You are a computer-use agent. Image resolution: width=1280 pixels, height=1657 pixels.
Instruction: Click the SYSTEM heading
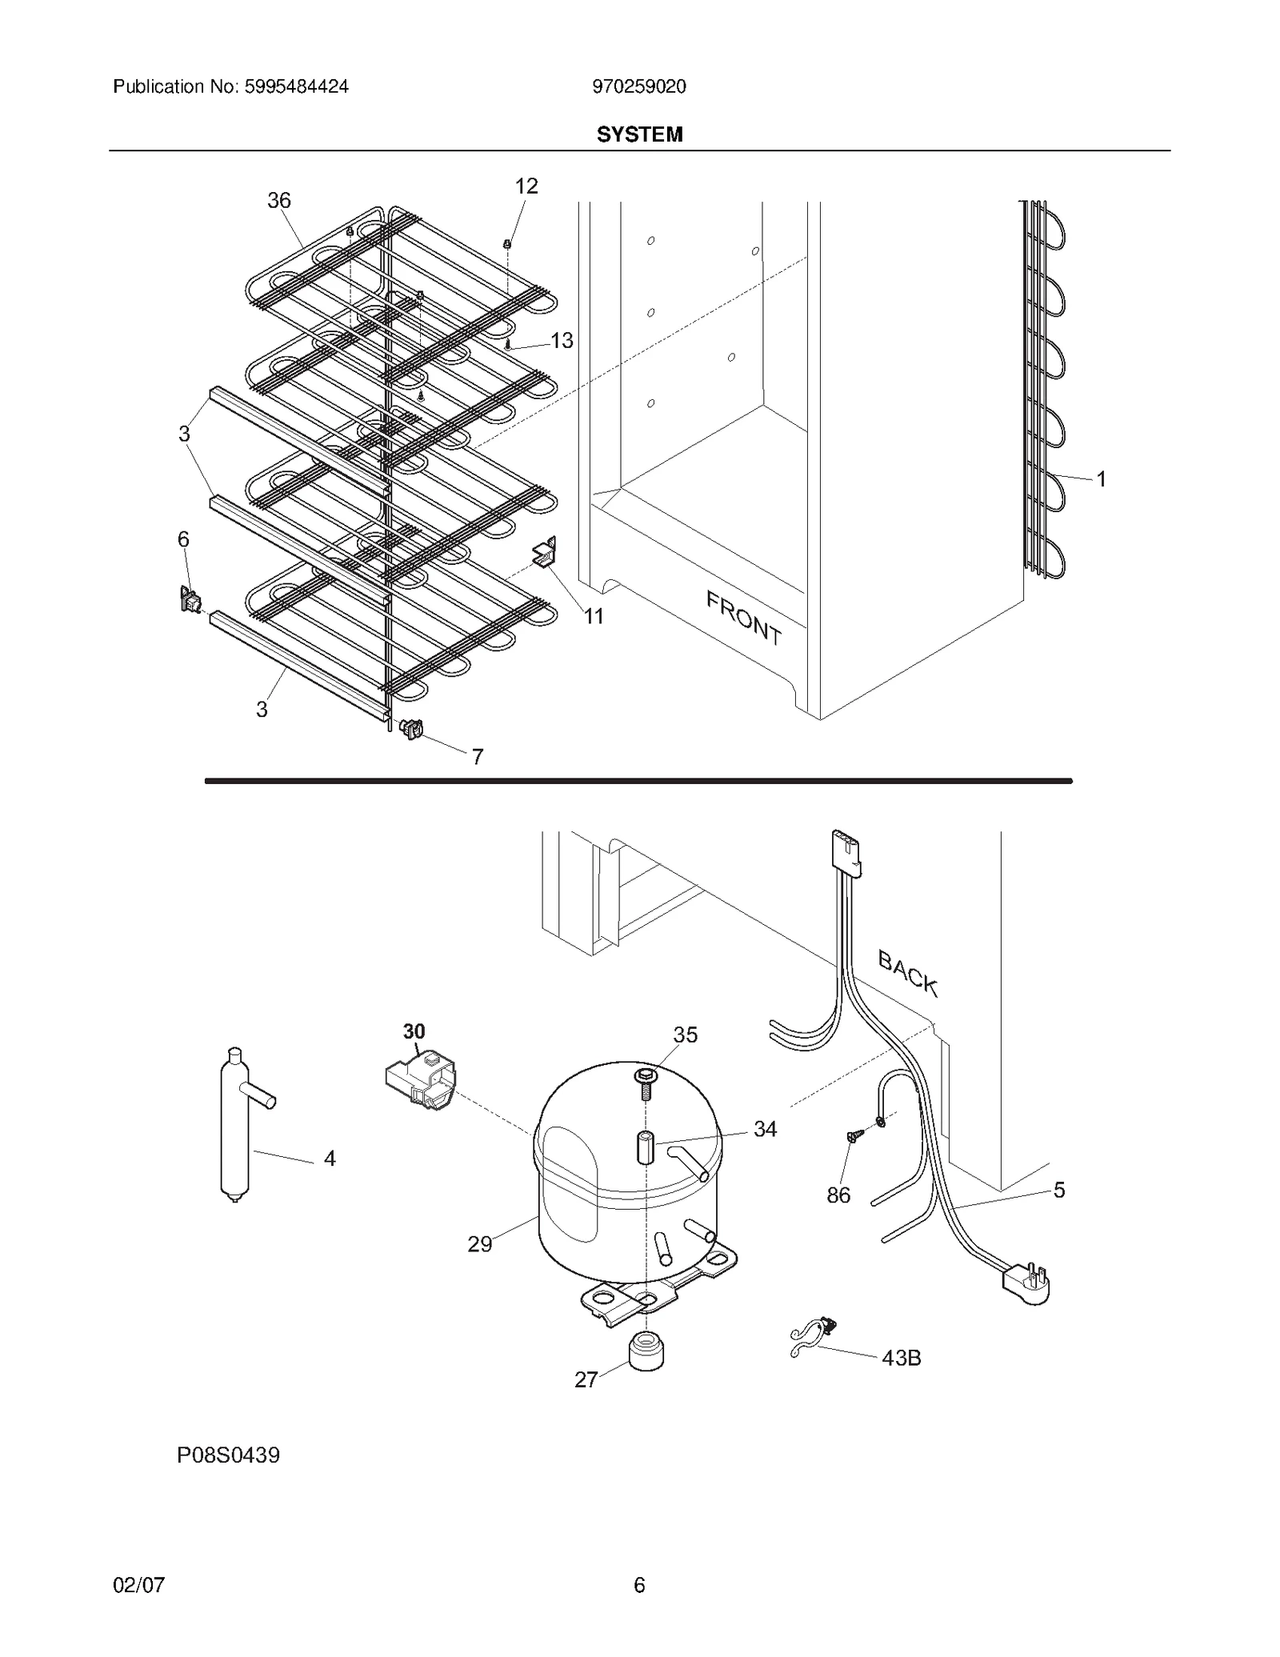click(639, 134)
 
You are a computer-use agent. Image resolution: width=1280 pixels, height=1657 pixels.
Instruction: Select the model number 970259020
click(638, 86)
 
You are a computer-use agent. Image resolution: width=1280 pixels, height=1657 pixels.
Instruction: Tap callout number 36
click(278, 201)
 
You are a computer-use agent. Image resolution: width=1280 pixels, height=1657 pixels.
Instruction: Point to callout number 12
click(526, 186)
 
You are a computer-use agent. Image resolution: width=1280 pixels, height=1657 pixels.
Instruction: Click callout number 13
click(562, 341)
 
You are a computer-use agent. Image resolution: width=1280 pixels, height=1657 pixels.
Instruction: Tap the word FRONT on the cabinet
click(743, 617)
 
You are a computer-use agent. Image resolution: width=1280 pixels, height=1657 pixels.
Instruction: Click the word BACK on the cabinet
click(907, 972)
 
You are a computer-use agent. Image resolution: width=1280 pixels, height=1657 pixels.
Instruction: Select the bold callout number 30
click(414, 1031)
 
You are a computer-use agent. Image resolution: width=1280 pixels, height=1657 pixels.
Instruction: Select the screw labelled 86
click(853, 1137)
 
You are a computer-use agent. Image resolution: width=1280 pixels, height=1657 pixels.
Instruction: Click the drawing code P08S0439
click(228, 1455)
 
